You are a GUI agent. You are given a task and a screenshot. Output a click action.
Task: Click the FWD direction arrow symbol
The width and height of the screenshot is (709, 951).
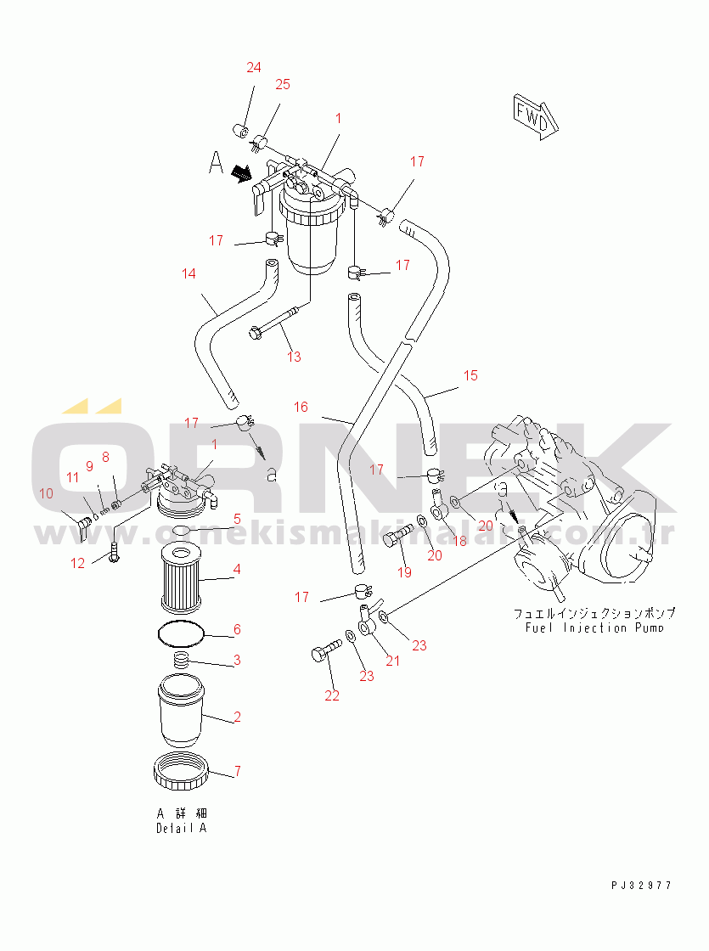(x=535, y=114)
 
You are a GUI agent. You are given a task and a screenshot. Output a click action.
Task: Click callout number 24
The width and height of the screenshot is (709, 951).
(x=254, y=68)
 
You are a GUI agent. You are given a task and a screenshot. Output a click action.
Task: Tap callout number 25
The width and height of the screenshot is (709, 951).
(x=283, y=84)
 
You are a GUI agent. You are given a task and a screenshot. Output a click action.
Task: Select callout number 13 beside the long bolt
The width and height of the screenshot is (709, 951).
(x=294, y=357)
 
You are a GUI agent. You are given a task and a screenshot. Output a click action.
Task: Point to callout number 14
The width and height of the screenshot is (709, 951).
(x=189, y=273)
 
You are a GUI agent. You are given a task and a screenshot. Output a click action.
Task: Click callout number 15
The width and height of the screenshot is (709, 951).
(x=470, y=374)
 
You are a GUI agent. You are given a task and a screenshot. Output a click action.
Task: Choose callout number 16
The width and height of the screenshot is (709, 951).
(x=301, y=407)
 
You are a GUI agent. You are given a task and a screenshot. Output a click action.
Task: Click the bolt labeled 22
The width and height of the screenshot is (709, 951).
(x=320, y=655)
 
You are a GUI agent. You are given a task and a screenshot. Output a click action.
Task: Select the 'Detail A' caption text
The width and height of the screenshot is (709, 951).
(x=181, y=828)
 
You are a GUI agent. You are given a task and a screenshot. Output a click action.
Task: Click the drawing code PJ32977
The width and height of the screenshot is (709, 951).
(x=641, y=885)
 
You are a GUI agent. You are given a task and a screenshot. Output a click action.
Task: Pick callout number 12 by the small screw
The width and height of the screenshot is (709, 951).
(x=78, y=563)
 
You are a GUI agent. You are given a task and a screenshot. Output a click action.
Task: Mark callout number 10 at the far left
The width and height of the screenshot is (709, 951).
(x=47, y=492)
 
